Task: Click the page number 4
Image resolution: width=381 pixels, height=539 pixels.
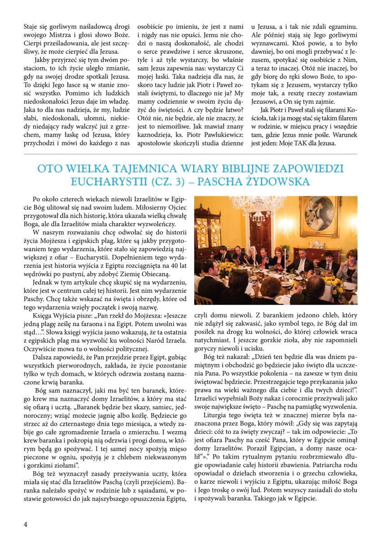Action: tap(26, 524)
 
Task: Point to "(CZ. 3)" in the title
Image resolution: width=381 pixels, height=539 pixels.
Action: tap(169, 182)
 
